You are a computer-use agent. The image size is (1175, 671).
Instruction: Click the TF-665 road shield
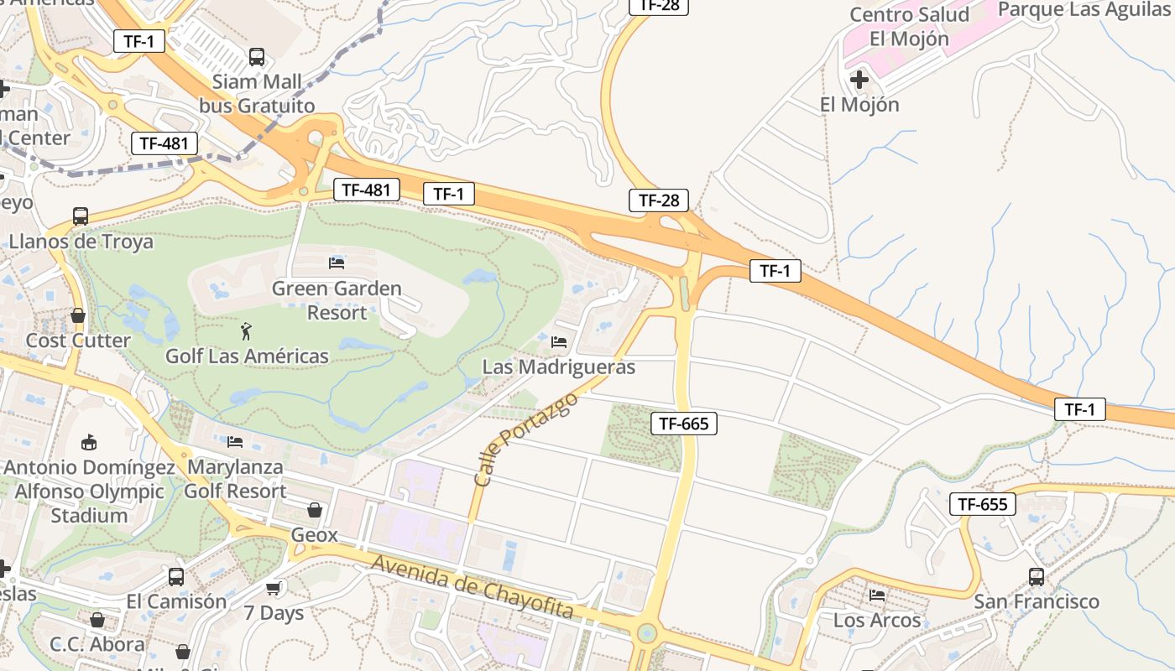[x=684, y=424]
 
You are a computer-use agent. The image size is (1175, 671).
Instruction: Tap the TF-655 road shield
[x=983, y=504]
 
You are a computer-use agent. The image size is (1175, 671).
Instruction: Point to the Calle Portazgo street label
[x=526, y=440]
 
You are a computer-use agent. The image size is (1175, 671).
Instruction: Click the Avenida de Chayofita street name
[x=473, y=586]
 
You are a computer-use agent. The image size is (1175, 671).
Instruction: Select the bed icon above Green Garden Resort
[x=337, y=263]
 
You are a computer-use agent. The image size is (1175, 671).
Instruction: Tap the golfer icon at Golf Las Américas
[x=246, y=331]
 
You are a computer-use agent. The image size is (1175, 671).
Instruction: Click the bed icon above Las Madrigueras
[x=559, y=342]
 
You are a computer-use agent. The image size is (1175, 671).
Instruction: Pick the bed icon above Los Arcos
[x=877, y=596]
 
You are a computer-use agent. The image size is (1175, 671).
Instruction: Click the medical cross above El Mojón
[x=859, y=80]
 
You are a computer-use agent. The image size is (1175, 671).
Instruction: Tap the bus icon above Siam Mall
[x=257, y=57]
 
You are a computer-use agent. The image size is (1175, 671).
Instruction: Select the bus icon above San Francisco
[x=1037, y=577]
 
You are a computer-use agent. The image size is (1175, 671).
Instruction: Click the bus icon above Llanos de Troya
[x=81, y=216]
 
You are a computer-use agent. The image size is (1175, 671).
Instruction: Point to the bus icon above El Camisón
[x=176, y=577]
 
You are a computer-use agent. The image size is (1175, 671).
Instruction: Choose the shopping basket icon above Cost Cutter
[x=78, y=315]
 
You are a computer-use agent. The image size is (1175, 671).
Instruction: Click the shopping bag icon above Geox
[x=315, y=510]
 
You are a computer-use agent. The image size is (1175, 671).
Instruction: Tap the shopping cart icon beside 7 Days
[x=273, y=589]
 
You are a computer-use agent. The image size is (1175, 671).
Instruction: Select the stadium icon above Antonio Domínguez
[x=88, y=442]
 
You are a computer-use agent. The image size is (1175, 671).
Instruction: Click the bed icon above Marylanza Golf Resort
[x=235, y=441]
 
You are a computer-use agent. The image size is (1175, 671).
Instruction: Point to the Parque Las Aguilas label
[x=1084, y=9]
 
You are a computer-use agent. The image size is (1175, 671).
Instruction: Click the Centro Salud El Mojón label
[x=909, y=27]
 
